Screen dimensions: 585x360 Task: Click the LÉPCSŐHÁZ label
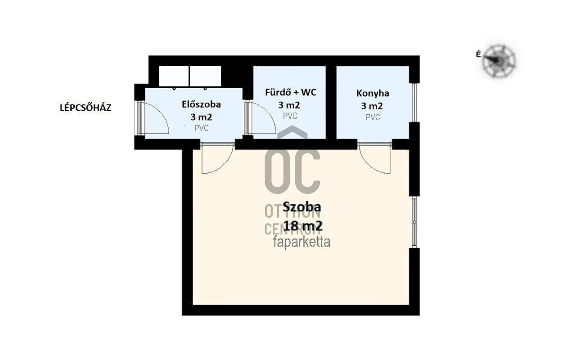(85, 108)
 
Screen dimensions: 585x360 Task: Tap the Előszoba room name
(201, 104)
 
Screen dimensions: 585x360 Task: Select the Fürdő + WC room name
(291, 92)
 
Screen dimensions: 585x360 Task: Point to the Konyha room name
(373, 93)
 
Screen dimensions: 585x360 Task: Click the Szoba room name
(302, 207)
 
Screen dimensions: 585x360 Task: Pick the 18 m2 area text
(303, 226)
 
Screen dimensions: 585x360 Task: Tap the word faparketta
(301, 242)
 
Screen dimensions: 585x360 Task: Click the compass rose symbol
(499, 61)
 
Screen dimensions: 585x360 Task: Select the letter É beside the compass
(478, 54)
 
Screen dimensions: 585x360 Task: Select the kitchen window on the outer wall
(414, 103)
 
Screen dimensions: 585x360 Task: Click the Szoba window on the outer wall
(414, 222)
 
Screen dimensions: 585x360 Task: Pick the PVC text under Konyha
(373, 117)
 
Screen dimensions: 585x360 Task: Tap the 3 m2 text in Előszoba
(201, 117)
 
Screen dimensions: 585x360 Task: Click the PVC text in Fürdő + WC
(290, 116)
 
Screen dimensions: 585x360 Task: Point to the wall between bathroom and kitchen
(331, 103)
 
